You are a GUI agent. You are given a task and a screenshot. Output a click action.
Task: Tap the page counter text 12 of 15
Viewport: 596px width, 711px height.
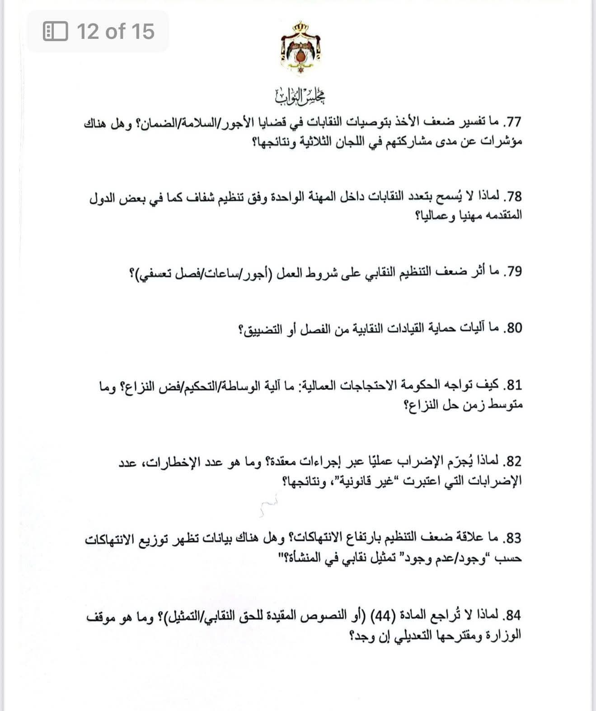(116, 32)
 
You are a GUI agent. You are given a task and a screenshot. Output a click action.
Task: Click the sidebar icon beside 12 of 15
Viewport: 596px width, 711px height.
(55, 32)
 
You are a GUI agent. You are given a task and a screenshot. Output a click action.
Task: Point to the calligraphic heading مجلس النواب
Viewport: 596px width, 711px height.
(300, 95)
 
